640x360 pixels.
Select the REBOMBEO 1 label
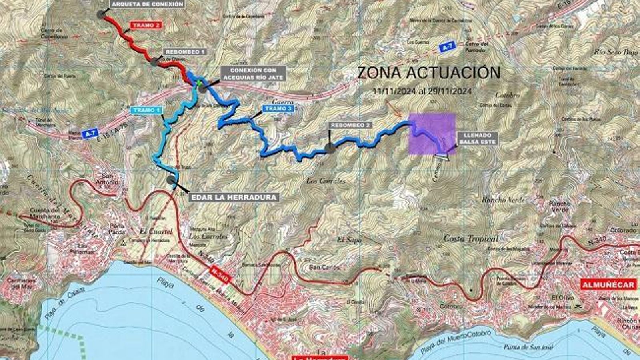184,52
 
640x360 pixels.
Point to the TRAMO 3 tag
280,109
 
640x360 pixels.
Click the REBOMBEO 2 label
350,125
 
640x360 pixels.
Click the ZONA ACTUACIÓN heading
428,73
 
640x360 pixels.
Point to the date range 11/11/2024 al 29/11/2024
422,91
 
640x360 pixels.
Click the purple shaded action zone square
432,134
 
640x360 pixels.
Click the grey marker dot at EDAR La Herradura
172,180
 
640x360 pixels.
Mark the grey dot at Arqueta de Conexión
101,13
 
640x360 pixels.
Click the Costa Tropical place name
471,239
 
